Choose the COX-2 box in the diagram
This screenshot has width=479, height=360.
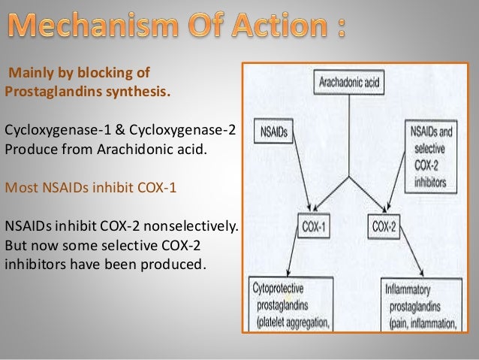click(x=386, y=225)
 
